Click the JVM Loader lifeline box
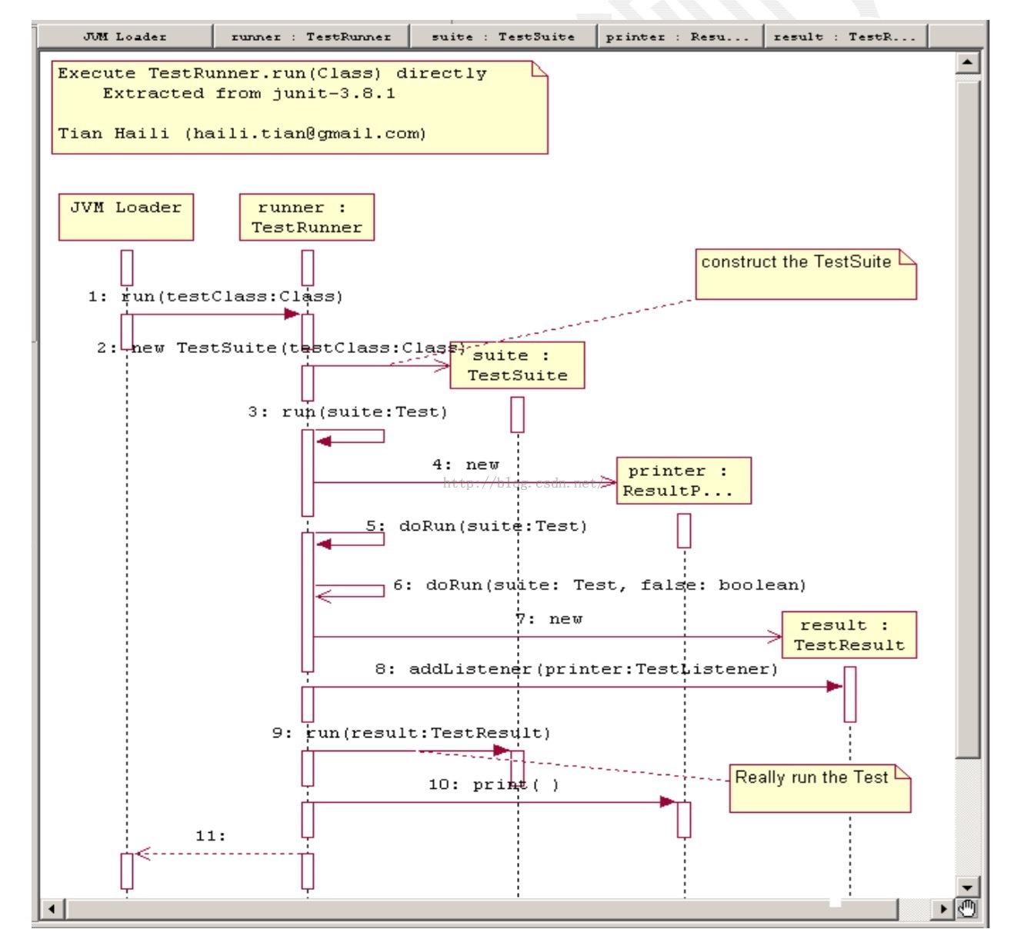[x=125, y=217]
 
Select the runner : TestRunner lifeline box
[x=306, y=217]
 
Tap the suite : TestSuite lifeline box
[x=517, y=365]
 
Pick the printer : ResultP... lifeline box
[x=683, y=481]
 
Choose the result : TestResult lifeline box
[x=849, y=635]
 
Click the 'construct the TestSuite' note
[x=805, y=274]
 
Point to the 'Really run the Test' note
[x=819, y=788]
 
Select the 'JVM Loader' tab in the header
[x=125, y=36]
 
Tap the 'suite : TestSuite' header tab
[x=503, y=36]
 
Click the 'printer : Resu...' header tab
[x=677, y=36]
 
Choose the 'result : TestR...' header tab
[x=845, y=36]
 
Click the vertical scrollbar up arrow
[x=967, y=62]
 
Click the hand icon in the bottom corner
[x=967, y=908]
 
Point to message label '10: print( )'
[x=493, y=784]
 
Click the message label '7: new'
[x=549, y=619]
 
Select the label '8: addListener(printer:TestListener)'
[x=576, y=669]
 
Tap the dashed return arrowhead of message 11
[x=140, y=853]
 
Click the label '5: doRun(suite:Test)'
[x=476, y=526]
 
